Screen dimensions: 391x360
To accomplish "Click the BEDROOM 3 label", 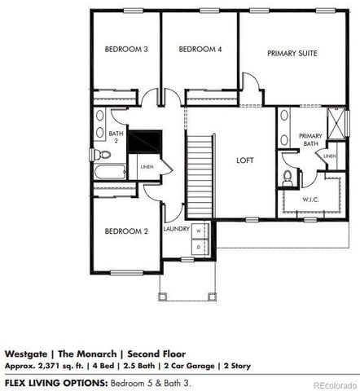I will point(125,50).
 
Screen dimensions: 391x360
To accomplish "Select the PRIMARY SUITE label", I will point(292,53).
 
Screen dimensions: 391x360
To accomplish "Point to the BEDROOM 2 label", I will point(125,231).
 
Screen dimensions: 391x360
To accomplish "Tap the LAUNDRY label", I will point(176,229).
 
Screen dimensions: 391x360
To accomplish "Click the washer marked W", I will point(198,231).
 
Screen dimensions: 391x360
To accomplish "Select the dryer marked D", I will point(198,244).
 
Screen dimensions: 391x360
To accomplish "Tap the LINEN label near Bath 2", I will point(146,168).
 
